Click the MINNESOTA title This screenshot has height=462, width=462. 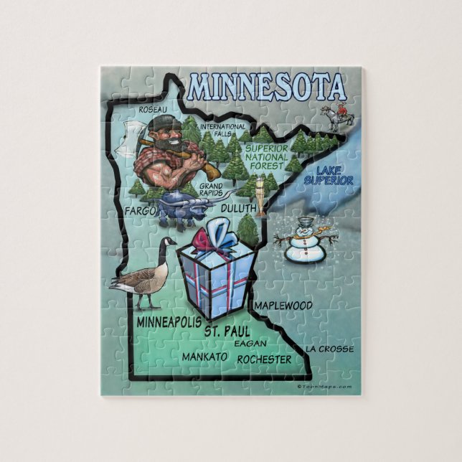click(266, 86)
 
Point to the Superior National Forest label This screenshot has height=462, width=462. click(267, 156)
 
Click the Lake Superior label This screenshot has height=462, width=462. click(329, 175)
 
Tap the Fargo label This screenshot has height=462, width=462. click(139, 211)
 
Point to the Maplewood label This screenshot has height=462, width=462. click(284, 306)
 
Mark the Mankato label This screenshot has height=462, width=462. click(204, 357)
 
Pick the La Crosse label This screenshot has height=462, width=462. click(329, 349)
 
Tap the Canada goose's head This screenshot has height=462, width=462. click(170, 244)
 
